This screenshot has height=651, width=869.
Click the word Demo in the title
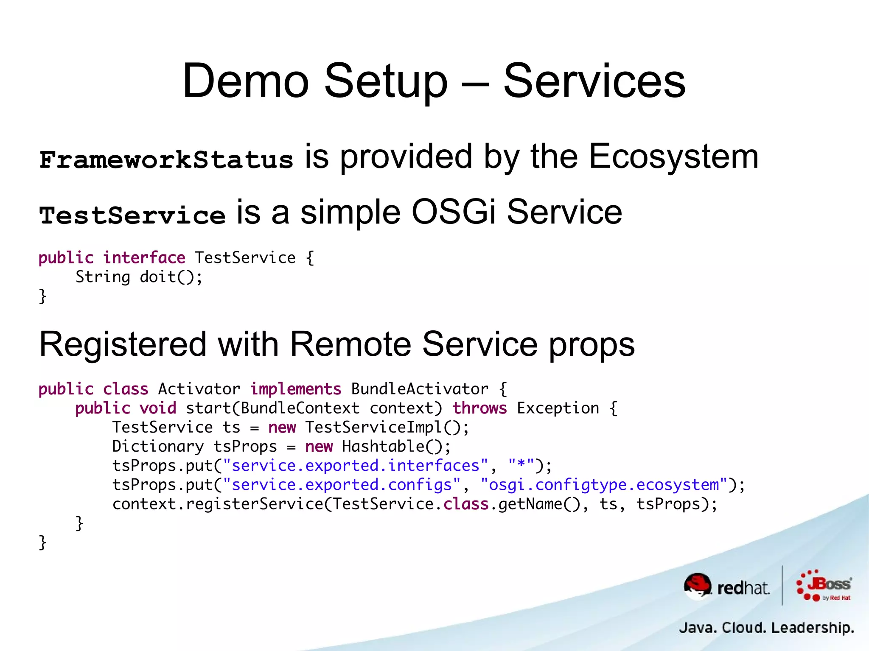click(x=245, y=81)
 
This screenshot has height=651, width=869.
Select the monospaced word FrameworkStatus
click(x=166, y=160)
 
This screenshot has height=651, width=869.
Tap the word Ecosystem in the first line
click(x=673, y=157)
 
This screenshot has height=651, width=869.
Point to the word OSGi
click(x=453, y=212)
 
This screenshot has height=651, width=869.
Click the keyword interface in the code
click(x=144, y=257)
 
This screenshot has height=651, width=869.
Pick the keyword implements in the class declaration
click(x=295, y=389)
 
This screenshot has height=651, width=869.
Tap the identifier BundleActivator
click(x=419, y=389)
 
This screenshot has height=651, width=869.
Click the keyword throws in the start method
click(x=479, y=408)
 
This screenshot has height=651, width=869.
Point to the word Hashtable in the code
click(x=383, y=446)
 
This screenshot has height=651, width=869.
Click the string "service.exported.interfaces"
click(x=355, y=466)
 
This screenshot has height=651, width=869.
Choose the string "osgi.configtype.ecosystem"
click(x=604, y=485)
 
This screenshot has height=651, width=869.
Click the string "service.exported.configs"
click(x=342, y=485)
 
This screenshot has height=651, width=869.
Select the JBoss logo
click(x=824, y=586)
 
